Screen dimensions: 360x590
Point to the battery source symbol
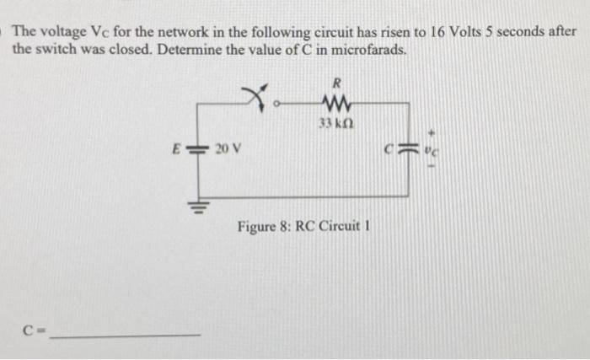(x=200, y=148)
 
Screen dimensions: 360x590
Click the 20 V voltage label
(x=227, y=148)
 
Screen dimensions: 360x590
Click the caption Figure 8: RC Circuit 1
(x=304, y=227)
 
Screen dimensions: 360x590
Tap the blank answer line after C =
(x=126, y=336)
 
